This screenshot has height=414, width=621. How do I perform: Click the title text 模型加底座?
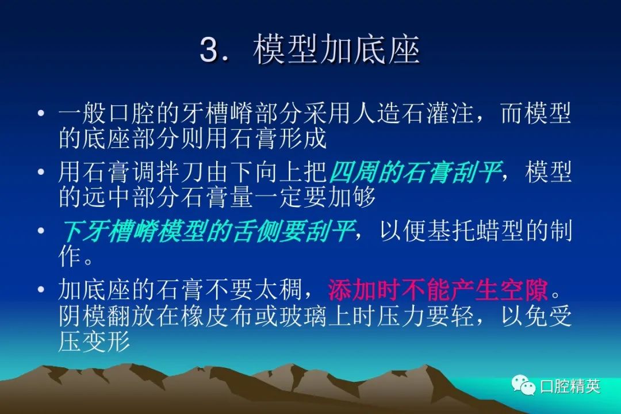(x=336, y=49)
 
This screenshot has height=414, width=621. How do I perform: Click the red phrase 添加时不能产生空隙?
(x=438, y=290)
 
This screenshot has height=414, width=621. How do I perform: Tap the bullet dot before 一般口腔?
(x=41, y=114)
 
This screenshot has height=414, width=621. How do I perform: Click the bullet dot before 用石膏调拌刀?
(x=41, y=172)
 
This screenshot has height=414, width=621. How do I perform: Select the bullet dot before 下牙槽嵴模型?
(x=41, y=231)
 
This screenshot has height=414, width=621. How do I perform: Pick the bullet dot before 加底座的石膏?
(x=41, y=290)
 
